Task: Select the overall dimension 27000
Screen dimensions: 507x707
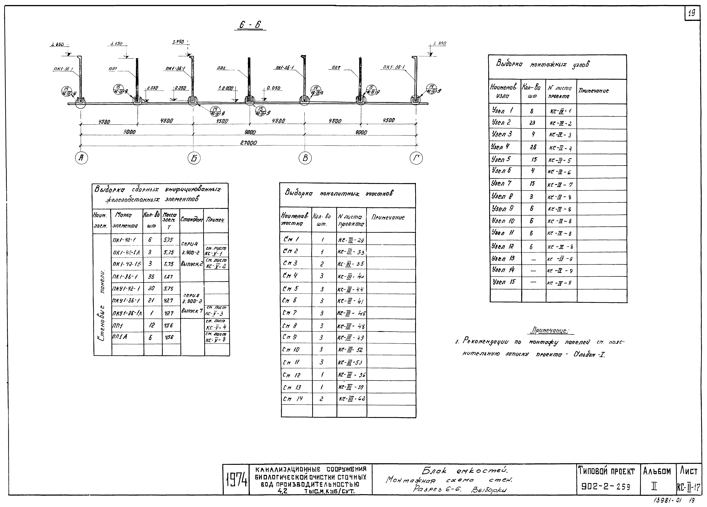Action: [248, 143]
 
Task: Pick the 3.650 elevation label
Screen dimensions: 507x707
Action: [116, 44]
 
